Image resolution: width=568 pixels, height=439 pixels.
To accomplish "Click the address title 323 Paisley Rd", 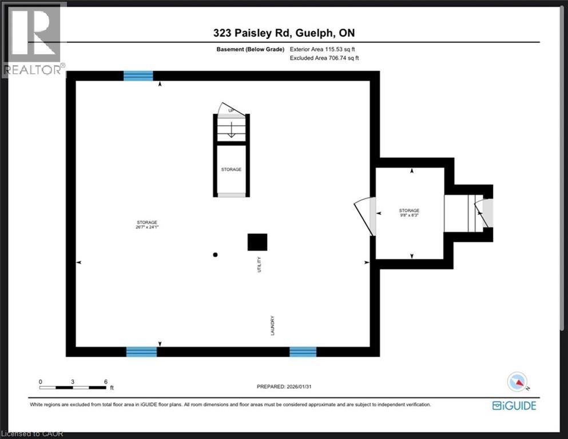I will (284, 33).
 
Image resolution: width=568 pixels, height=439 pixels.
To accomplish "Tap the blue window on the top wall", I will (138, 76).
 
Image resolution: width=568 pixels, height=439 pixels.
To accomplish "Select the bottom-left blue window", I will (141, 352).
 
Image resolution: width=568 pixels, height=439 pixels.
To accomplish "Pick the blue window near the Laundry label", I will (303, 352).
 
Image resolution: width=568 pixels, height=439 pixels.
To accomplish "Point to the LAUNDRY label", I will (273, 325).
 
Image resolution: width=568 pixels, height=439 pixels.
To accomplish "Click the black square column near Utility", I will (257, 242).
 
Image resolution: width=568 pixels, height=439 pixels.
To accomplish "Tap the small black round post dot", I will (215, 255).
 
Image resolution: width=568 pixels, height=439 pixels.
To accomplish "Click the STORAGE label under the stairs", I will (231, 170).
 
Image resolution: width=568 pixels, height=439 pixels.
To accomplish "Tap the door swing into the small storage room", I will (364, 215).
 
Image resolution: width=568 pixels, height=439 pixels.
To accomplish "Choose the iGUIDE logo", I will (514, 405).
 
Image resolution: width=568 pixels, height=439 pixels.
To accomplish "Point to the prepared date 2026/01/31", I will (284, 386).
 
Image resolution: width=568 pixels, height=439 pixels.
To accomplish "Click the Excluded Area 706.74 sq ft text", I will (324, 58).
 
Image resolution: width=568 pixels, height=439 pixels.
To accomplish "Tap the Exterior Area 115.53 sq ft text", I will (325, 50).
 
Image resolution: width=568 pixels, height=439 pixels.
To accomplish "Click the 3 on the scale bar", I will (73, 381).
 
